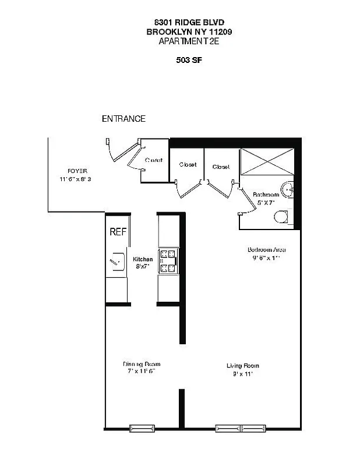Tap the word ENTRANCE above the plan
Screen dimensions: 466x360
(123, 118)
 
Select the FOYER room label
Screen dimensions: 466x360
(77, 171)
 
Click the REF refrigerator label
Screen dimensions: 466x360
(118, 231)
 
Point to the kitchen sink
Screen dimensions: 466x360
(117, 262)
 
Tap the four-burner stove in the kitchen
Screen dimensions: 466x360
(169, 260)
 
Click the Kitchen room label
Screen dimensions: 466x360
(143, 259)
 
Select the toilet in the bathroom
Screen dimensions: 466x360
(281, 217)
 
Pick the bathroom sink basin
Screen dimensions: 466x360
(288, 189)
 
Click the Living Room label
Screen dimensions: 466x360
(243, 366)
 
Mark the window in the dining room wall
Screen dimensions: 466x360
(142, 428)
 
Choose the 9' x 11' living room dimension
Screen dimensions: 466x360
(242, 373)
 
